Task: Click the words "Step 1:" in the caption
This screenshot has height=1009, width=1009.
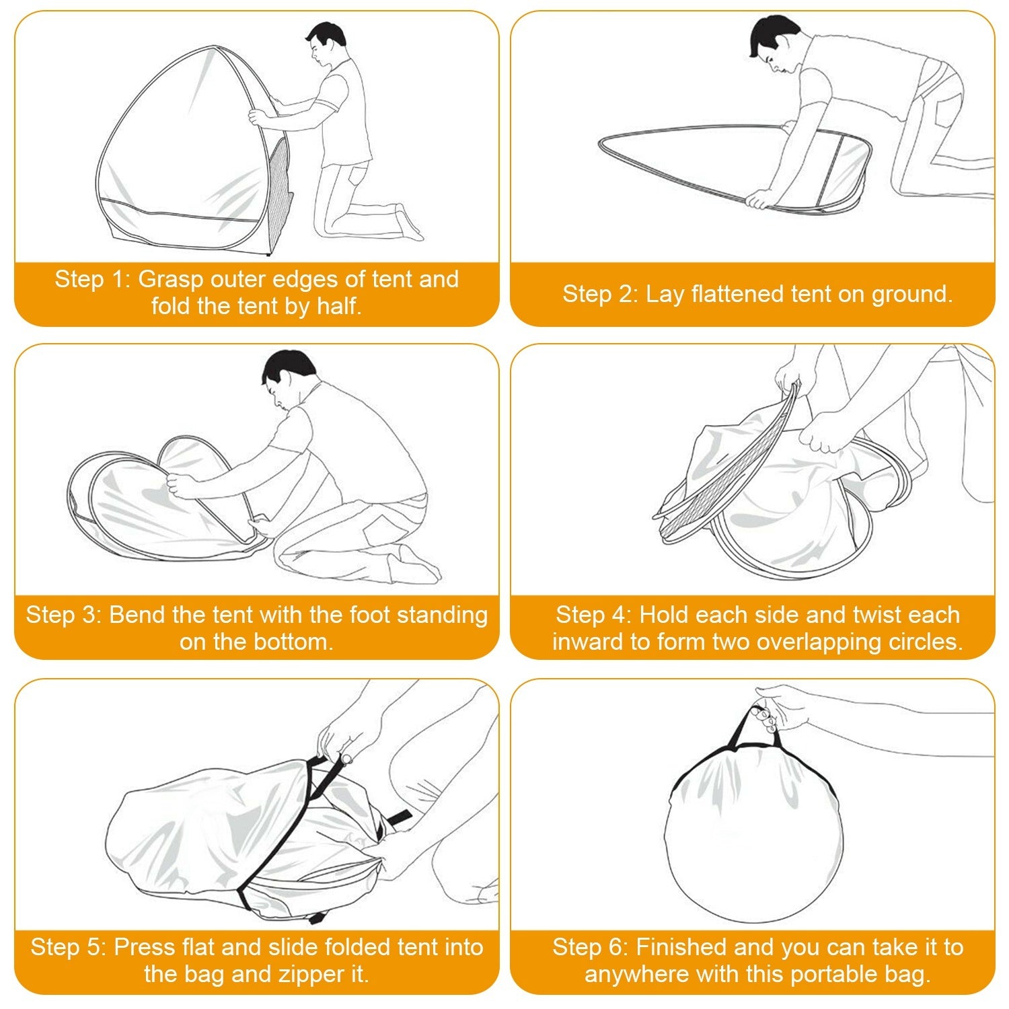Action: [x=93, y=279]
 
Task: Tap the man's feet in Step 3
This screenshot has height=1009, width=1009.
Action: [x=420, y=565]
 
